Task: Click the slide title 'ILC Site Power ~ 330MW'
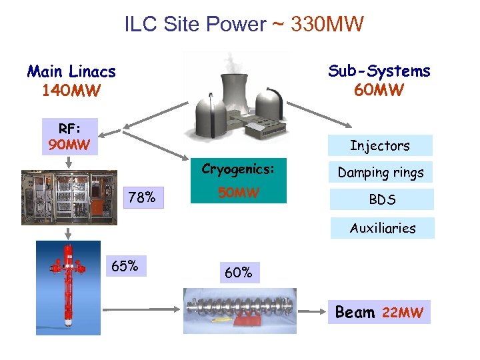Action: pyautogui.click(x=244, y=25)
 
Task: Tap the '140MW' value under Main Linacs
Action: pyautogui.click(x=71, y=89)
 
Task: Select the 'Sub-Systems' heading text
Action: pyautogui.click(x=379, y=71)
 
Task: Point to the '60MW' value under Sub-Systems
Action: pyautogui.click(x=379, y=89)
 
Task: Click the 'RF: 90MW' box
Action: pyautogui.click(x=69, y=135)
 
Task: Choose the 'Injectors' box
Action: pyautogui.click(x=380, y=145)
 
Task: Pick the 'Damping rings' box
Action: pyautogui.click(x=380, y=172)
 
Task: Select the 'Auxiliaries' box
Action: pyautogui.click(x=382, y=228)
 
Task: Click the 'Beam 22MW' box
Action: pyautogui.click(x=379, y=312)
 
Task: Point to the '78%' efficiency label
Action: pyautogui.click(x=143, y=197)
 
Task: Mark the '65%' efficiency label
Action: pyautogui.click(x=125, y=267)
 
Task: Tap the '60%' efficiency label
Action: pyautogui.click(x=238, y=272)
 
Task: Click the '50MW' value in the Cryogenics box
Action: pyautogui.click(x=238, y=194)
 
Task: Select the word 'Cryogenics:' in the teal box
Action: pyautogui.click(x=238, y=169)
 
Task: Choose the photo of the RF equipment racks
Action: pyautogui.click(x=69, y=197)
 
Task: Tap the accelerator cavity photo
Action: pyautogui.click(x=239, y=310)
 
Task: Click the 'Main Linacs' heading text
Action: pyautogui.click(x=71, y=71)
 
